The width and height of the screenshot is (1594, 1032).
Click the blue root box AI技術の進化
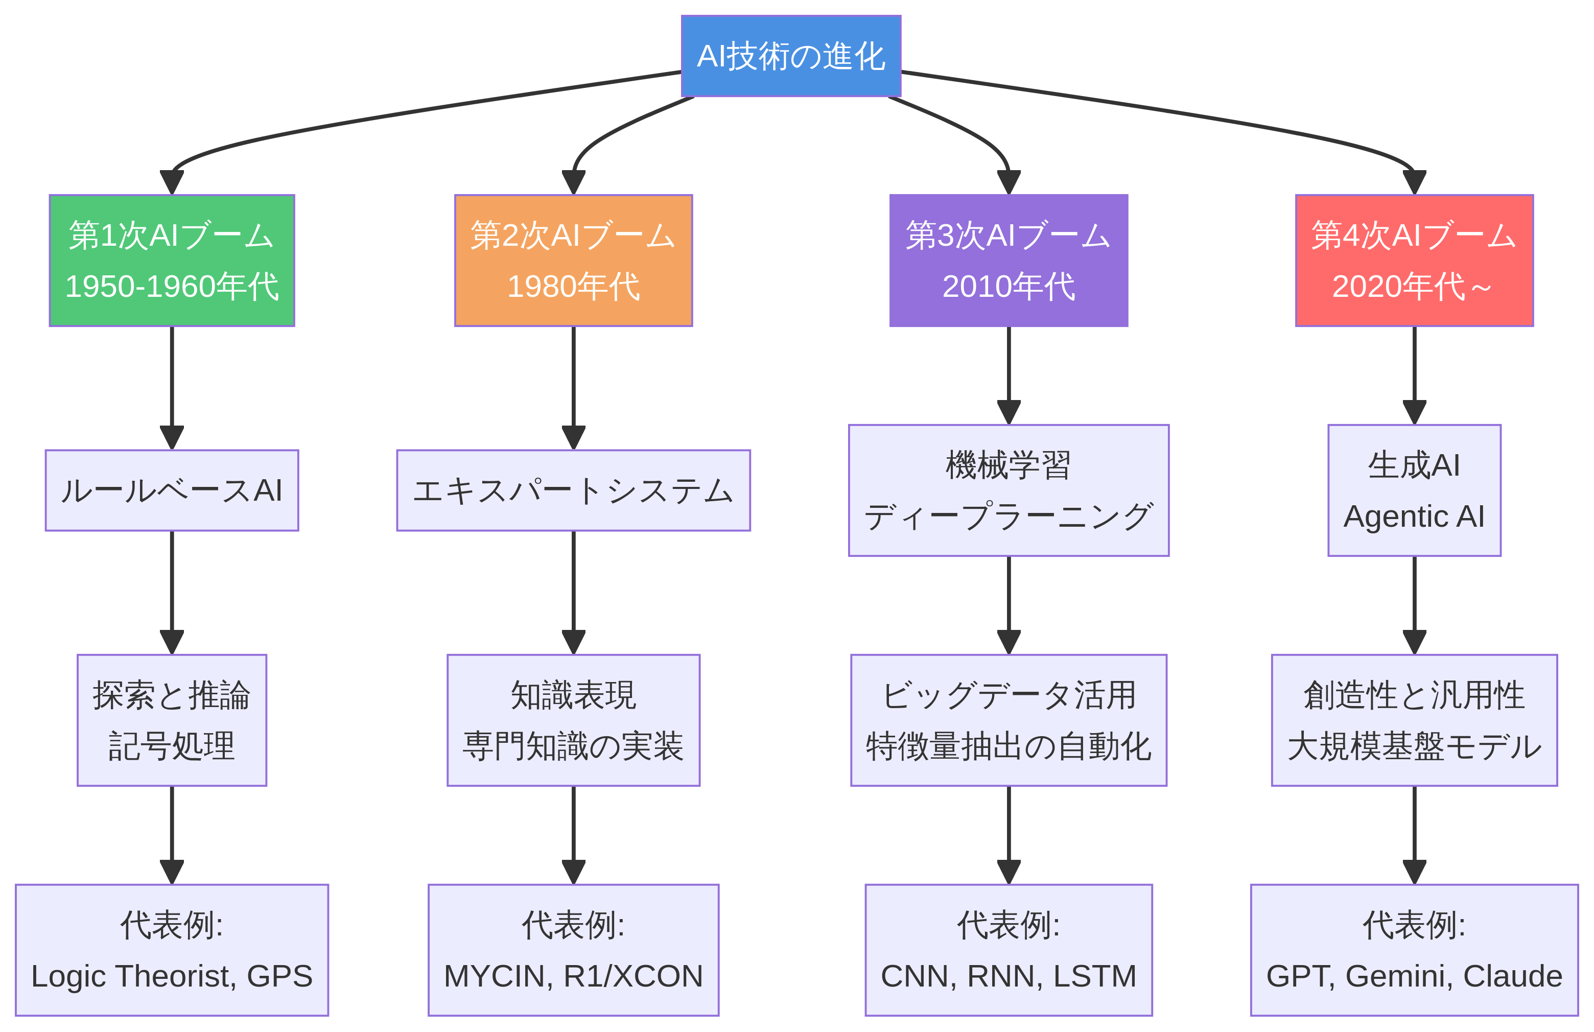pos(791,56)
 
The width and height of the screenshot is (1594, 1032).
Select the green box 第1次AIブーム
pos(172,261)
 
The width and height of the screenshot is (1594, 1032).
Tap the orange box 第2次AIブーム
pos(573,261)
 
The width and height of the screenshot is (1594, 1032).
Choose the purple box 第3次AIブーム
pos(1009,261)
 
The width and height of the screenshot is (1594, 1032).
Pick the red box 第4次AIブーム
pos(1415,261)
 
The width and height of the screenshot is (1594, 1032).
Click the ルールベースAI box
pos(172,490)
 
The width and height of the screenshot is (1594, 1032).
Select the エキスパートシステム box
pos(573,490)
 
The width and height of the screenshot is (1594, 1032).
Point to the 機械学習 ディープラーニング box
pos(1009,490)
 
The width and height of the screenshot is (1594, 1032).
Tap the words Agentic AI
pos(1415,517)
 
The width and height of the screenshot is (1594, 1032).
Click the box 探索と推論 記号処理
pos(172,720)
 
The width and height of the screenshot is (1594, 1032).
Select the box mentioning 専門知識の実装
pos(573,720)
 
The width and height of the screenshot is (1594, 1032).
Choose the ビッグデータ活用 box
pos(1009,720)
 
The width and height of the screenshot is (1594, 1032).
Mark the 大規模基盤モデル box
pos(1415,720)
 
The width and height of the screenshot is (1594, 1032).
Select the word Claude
pos(1512,976)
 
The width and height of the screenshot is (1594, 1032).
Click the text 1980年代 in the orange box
pos(573,287)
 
